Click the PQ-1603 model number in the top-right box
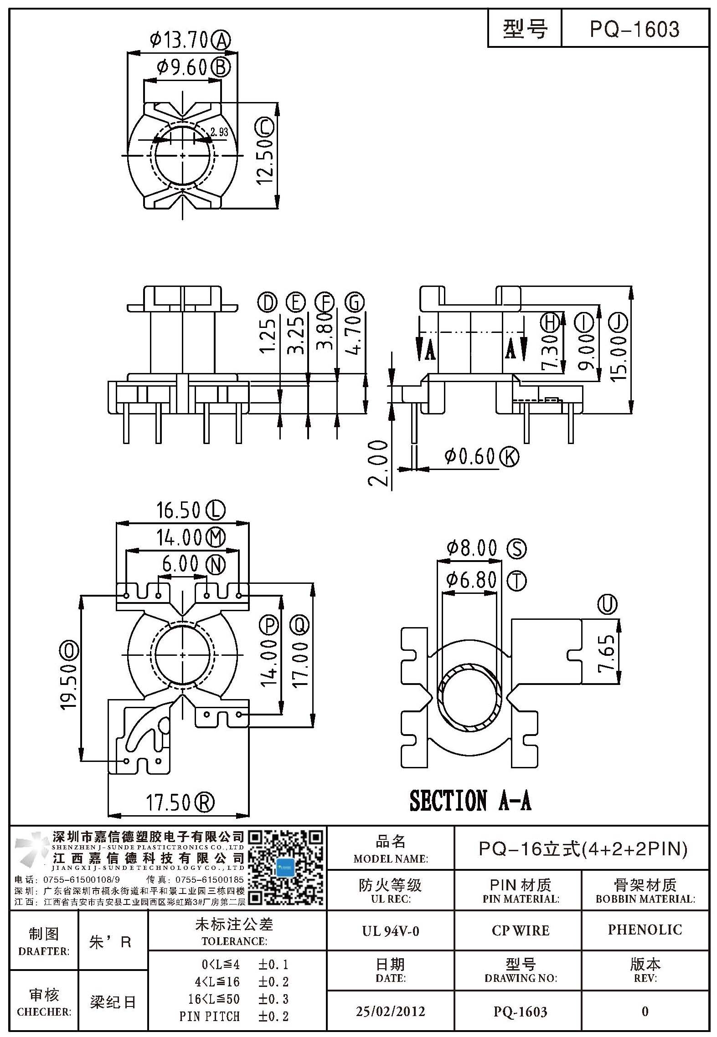[634, 29]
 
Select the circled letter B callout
[221, 68]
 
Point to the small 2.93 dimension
[219, 133]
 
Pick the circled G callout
[355, 302]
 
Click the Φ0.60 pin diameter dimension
[469, 456]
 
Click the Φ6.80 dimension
[471, 580]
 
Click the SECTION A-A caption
[470, 801]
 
